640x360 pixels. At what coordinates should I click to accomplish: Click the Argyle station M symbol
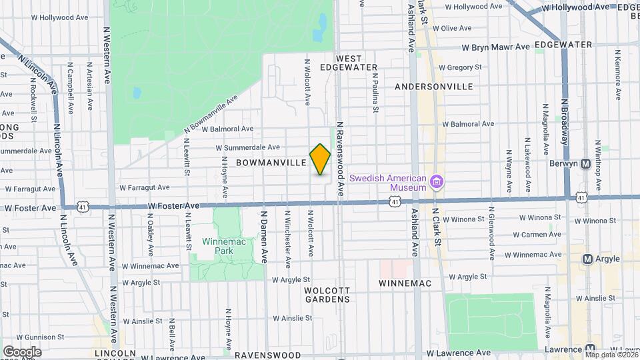tap(587, 259)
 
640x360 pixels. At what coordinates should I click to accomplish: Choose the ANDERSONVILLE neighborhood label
tap(433, 87)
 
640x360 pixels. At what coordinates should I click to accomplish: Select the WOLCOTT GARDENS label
tap(327, 295)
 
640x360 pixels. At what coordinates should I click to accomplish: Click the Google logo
tap(22, 351)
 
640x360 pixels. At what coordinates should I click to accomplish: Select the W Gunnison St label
tap(38, 337)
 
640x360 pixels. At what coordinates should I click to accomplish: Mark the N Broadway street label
tap(564, 123)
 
